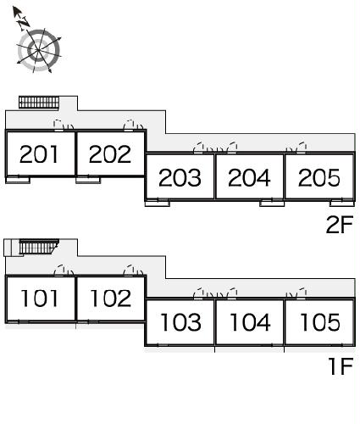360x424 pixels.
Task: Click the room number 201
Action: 39,154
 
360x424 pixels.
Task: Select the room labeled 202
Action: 110,154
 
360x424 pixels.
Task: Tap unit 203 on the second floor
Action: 180,177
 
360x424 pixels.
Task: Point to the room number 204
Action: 249,177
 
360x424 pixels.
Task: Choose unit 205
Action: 319,177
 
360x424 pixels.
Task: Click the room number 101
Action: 40,298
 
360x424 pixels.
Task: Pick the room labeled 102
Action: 111,298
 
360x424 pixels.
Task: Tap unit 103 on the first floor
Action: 181,322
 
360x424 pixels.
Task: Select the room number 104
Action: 251,322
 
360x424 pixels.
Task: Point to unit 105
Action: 320,322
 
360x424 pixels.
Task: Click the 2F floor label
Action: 340,225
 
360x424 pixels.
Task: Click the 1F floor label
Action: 341,366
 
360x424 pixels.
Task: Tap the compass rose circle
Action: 39,50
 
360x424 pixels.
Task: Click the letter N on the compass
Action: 23,22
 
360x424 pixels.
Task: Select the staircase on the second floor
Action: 39,102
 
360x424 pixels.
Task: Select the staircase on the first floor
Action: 39,247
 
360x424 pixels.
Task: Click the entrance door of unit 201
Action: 58,130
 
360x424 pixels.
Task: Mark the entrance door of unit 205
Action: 301,153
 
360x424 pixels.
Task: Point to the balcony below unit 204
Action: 272,204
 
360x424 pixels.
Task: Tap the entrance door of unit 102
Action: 129,275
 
